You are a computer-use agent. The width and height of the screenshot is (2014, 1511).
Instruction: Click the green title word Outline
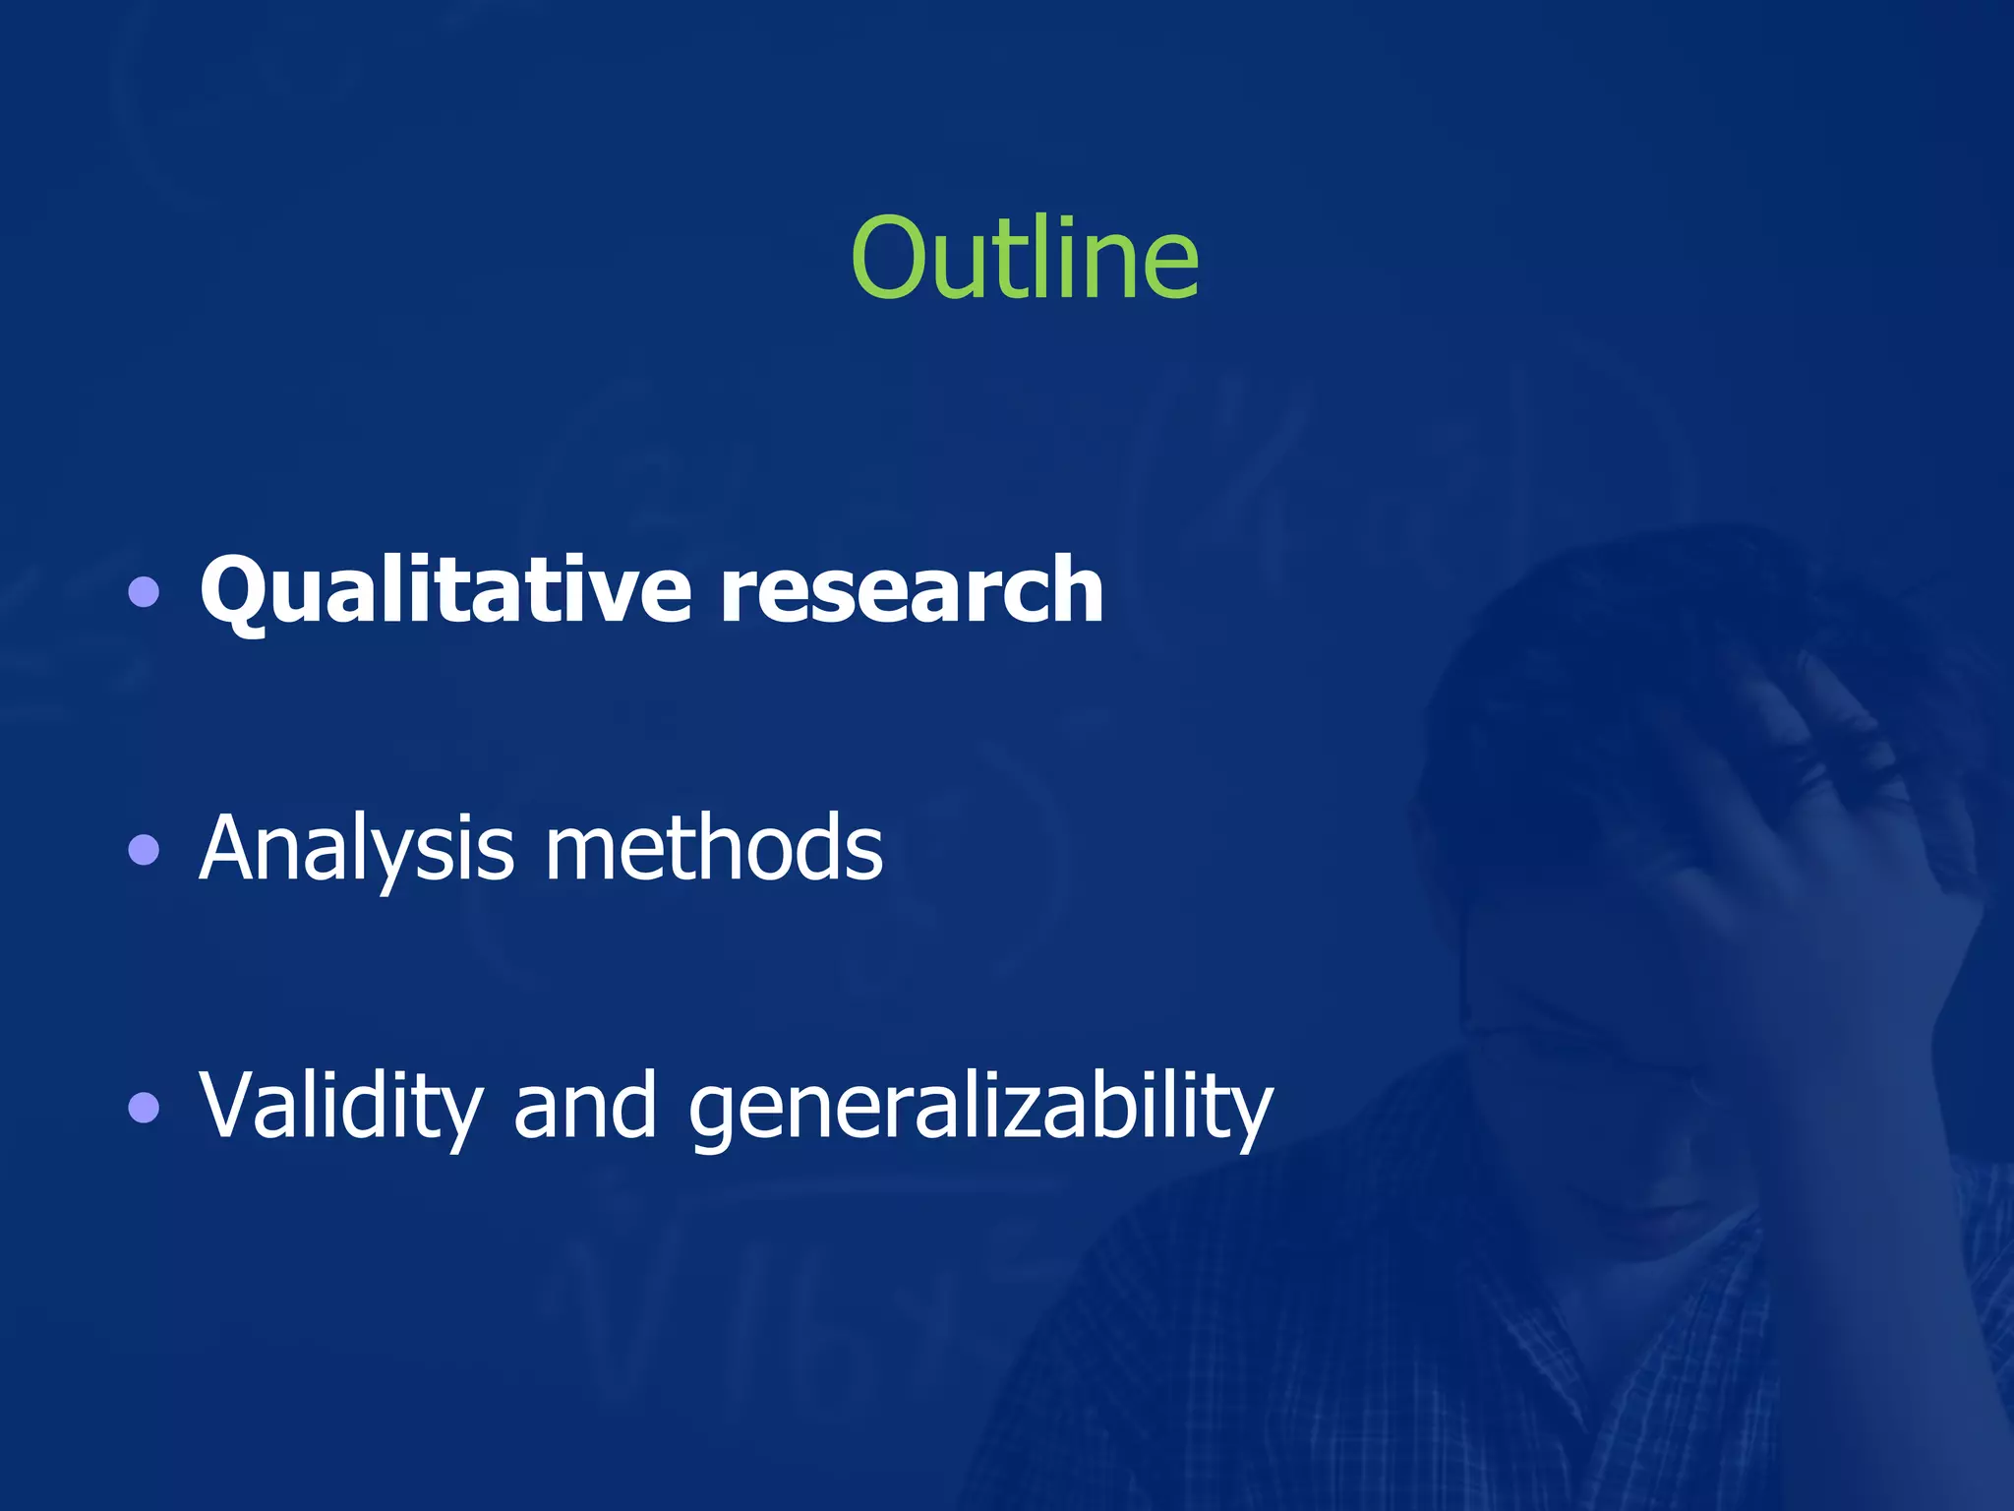(1025, 258)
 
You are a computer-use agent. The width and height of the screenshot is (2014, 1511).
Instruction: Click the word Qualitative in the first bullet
(445, 590)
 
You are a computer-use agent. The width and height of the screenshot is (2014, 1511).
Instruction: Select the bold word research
(912, 590)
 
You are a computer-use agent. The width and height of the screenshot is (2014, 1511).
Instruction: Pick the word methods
(714, 848)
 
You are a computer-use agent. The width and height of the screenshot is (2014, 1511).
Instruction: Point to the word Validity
(340, 1106)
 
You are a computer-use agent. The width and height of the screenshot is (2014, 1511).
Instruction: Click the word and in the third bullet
(585, 1106)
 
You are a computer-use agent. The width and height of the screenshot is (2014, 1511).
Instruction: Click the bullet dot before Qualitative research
(144, 592)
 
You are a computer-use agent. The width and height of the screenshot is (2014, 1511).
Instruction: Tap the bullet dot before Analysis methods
(144, 850)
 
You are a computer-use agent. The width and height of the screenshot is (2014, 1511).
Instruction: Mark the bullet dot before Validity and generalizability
(144, 1108)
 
